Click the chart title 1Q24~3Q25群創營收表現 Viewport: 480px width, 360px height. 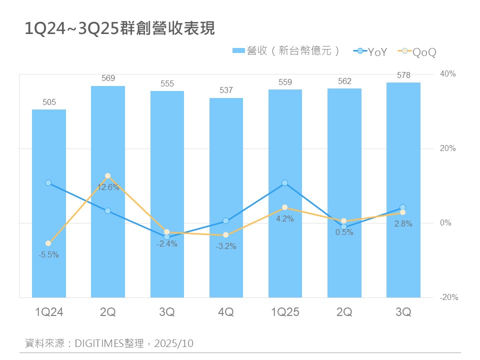click(120, 29)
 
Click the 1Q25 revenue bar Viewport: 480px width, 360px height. click(285, 140)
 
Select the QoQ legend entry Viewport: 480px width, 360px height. click(419, 51)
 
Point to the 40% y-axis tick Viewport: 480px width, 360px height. click(447, 74)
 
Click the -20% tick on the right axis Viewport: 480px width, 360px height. click(448, 297)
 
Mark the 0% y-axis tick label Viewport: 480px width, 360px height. click(445, 223)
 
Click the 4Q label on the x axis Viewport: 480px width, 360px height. click(226, 312)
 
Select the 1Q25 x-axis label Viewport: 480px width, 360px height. click(285, 312)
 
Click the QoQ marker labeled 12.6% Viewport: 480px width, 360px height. click(107, 176)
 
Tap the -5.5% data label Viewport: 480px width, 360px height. click(48, 254)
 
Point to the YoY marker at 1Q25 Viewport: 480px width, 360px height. click(285, 183)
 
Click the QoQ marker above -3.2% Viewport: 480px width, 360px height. click(226, 234)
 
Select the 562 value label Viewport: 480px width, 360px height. click(344, 81)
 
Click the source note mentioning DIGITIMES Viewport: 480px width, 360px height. click(109, 343)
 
